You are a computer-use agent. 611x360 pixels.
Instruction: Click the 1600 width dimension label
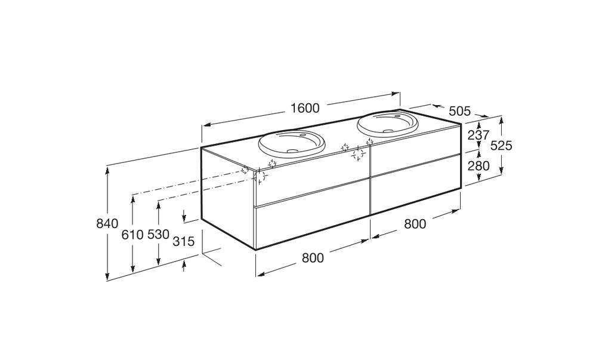tap(305, 108)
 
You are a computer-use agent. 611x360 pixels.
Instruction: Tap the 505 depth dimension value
tap(460, 111)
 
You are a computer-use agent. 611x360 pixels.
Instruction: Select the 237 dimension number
tap(479, 136)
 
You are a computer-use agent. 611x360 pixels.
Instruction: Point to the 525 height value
tap(501, 146)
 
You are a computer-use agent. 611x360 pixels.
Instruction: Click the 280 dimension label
tap(479, 166)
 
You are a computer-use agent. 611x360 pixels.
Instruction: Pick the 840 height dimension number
tap(107, 224)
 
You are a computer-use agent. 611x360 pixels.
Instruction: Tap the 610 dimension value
tap(133, 235)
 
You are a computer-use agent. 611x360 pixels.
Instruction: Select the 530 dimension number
tap(159, 235)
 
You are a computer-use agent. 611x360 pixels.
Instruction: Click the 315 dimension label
tap(183, 241)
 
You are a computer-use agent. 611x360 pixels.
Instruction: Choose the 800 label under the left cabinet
tap(313, 258)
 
